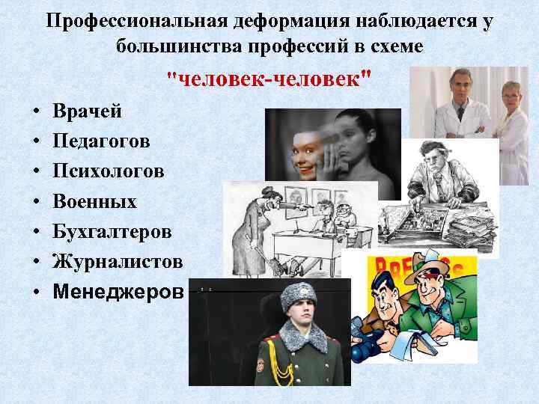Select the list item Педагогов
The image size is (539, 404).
[100, 142]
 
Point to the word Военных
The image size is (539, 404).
[94, 202]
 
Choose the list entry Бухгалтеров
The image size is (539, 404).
[112, 232]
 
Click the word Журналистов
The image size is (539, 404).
[118, 262]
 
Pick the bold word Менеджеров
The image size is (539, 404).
[118, 292]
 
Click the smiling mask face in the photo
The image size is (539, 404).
[292, 146]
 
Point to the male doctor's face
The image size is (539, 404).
[457, 87]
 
